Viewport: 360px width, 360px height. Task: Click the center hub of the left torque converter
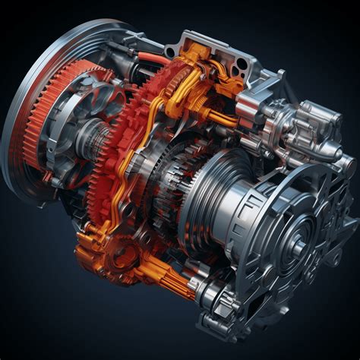coord(72,144)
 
